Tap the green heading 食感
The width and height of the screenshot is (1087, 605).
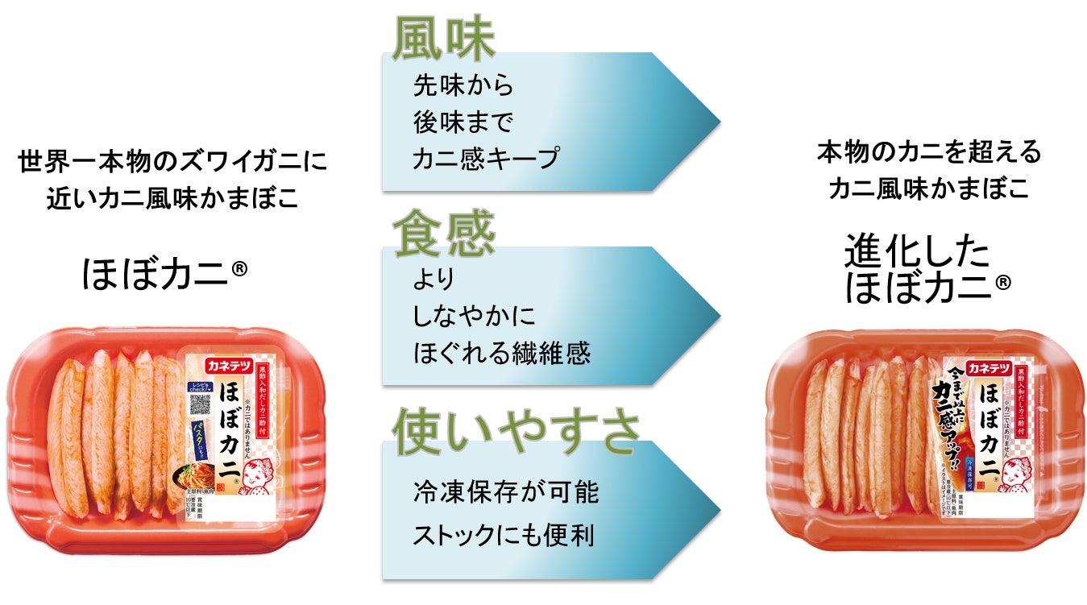coord(443,232)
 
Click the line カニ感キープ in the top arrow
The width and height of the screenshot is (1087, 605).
coord(485,159)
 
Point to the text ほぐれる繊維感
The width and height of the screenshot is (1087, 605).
coord(501,353)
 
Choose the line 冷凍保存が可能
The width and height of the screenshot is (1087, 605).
coord(505,491)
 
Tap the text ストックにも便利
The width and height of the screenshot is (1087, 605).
coord(503,536)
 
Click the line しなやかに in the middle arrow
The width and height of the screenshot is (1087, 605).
coord(474,316)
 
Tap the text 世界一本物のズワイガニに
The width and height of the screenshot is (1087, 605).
coord(173,161)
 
